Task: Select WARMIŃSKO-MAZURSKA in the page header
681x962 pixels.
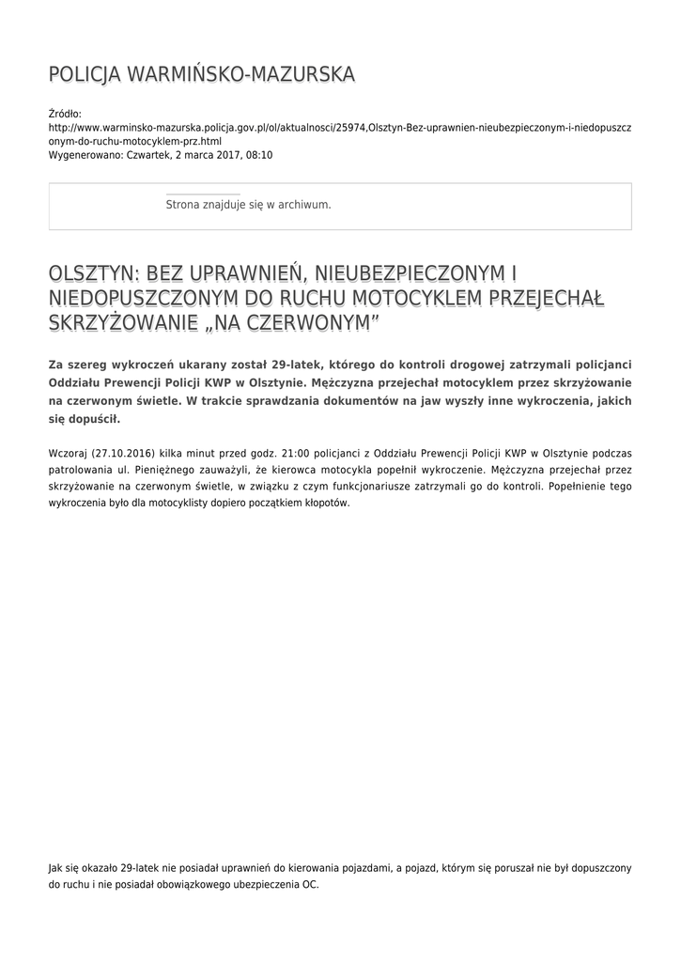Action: click(240, 73)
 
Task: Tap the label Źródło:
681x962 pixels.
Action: click(65, 113)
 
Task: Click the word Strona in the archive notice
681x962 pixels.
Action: click(184, 204)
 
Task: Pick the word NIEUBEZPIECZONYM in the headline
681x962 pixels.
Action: click(412, 273)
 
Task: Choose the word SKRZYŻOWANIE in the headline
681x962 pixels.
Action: click(119, 324)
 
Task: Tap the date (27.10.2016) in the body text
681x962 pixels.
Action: click(125, 453)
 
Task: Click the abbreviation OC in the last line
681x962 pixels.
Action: click(310, 885)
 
